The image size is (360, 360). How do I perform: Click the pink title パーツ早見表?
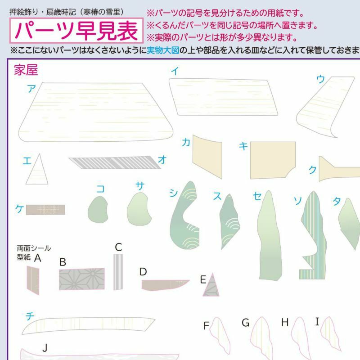point(76,31)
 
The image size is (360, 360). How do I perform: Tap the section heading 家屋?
point(26,70)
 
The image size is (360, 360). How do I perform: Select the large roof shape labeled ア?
point(96,112)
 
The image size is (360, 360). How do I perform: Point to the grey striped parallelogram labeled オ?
point(115,162)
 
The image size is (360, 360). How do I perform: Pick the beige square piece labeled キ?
point(273,160)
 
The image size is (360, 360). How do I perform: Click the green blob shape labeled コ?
point(98,210)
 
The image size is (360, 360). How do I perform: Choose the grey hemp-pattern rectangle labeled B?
point(82,279)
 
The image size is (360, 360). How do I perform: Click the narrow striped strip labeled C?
point(118,272)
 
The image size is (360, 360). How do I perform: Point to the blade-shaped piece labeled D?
point(164,285)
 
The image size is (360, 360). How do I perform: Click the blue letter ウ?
point(320,79)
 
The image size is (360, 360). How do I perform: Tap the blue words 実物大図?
point(163,50)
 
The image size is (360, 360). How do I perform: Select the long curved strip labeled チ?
point(88,324)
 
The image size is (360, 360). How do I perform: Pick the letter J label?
point(45,348)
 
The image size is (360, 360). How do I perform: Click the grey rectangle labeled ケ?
point(45,210)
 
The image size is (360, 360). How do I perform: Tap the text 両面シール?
point(34,248)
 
